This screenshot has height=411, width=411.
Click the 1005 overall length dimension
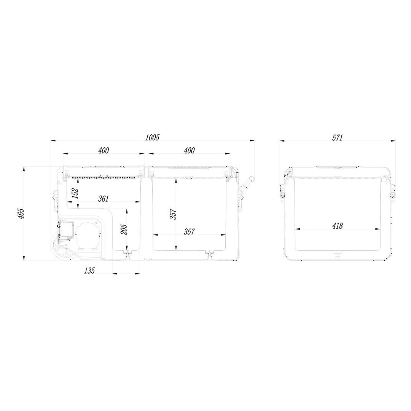coord(152,137)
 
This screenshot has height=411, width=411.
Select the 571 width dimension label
coord(337,138)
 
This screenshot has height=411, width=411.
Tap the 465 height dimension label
coord(21,213)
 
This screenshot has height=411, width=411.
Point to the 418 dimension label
coord(338,226)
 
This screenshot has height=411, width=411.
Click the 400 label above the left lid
coord(104,150)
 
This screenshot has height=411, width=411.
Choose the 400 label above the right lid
coord(189,150)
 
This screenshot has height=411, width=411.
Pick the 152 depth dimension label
coord(75,194)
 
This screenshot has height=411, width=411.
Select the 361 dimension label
coord(103,199)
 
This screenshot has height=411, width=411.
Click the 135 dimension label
coord(89,271)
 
